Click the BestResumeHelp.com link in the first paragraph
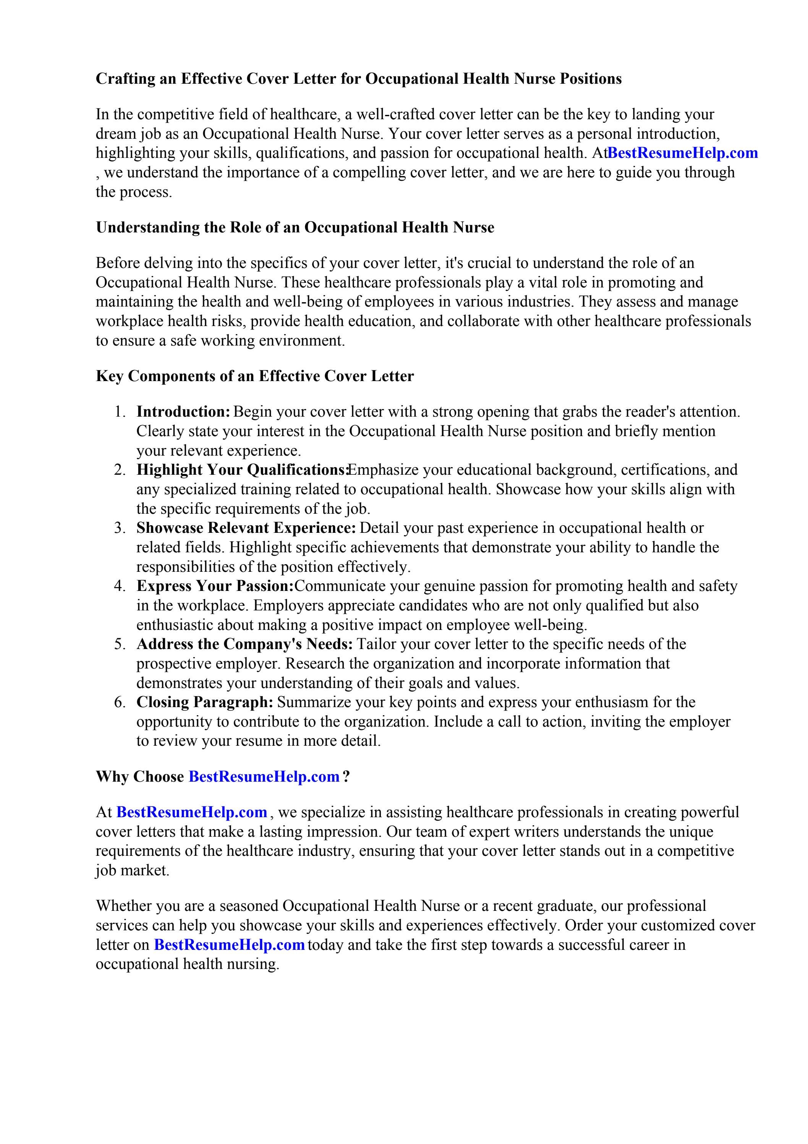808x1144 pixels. point(682,153)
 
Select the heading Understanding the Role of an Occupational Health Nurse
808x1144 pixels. point(295,228)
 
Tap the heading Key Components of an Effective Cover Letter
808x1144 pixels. point(254,376)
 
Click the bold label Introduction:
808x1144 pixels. point(183,412)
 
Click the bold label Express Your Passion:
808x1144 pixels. point(215,586)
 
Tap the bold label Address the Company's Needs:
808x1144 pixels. point(245,644)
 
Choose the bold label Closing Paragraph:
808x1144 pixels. point(205,703)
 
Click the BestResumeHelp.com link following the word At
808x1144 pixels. point(192,813)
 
